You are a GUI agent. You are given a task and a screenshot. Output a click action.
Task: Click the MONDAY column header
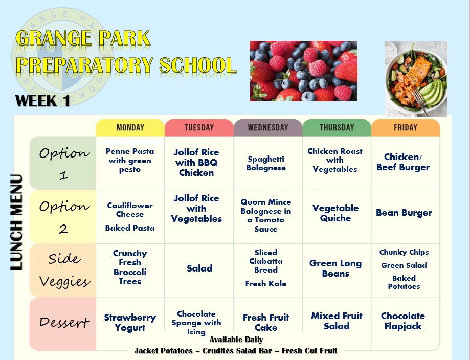(x=130, y=128)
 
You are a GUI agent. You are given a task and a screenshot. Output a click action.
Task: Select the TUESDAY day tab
(x=199, y=128)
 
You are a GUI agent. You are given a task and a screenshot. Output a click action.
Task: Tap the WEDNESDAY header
(x=268, y=128)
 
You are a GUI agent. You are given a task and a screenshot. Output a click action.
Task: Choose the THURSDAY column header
(x=337, y=128)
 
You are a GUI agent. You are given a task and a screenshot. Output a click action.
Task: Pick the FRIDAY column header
(x=406, y=128)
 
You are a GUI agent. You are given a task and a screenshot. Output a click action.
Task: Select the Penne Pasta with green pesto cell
(x=130, y=161)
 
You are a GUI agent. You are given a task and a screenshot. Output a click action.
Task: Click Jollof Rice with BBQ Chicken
(x=196, y=163)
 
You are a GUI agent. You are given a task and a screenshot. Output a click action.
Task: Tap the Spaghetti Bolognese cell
(x=266, y=163)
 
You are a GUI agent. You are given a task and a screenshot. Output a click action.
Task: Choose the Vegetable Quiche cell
(x=335, y=213)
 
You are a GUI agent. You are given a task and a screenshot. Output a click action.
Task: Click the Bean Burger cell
(x=404, y=213)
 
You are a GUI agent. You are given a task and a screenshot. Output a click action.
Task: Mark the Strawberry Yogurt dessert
(x=130, y=323)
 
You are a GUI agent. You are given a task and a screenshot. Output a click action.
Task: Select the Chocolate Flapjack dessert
(x=403, y=321)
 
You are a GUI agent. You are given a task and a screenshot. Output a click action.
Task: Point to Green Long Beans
(x=335, y=268)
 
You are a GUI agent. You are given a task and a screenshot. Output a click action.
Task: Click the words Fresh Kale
(x=266, y=284)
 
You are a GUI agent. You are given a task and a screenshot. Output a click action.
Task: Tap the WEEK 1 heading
(x=42, y=101)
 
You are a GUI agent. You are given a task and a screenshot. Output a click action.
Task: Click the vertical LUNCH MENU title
(x=16, y=222)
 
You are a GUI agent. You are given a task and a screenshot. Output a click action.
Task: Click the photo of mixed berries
(x=304, y=71)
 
